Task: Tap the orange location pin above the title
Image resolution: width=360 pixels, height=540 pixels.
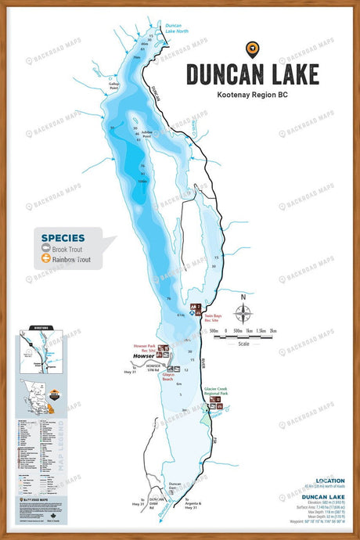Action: point(253,49)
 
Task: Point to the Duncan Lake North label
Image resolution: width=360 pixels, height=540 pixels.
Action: point(176,29)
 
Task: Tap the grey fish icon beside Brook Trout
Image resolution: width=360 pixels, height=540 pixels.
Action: point(46,248)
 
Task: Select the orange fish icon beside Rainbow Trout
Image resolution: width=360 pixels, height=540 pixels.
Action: point(46,258)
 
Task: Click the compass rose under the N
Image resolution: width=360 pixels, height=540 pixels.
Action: point(243,313)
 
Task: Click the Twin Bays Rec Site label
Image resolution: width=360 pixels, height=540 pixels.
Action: point(213,319)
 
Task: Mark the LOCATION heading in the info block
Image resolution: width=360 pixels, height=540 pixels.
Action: point(329,481)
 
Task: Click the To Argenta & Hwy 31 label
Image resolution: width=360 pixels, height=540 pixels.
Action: point(193,505)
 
